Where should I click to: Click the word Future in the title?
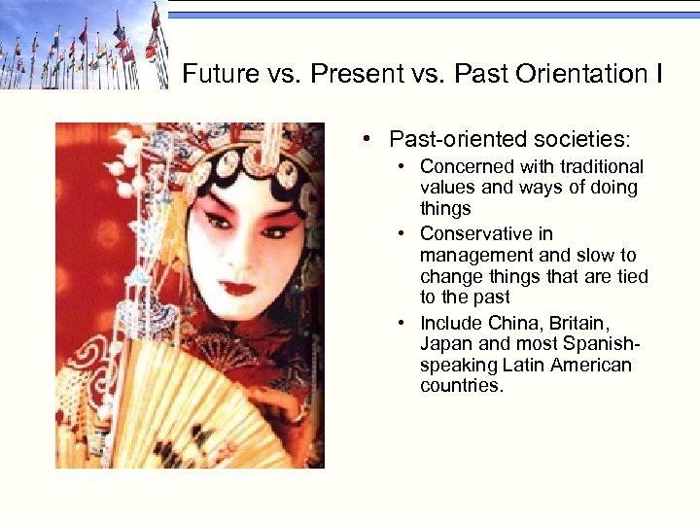(215, 74)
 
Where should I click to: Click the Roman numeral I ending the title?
(658, 74)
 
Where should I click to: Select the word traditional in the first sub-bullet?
(601, 167)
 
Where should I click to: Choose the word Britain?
(582, 323)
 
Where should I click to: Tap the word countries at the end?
(461, 387)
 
